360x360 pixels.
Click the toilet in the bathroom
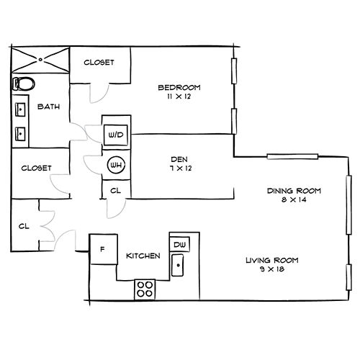click(23, 84)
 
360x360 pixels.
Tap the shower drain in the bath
click(40, 59)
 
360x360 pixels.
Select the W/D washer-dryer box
click(116, 135)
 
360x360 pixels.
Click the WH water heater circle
click(116, 165)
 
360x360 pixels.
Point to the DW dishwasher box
click(180, 244)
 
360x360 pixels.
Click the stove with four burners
click(145, 289)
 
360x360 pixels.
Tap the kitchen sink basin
click(178, 265)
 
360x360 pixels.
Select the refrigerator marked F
click(104, 249)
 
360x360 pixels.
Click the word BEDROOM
click(179, 87)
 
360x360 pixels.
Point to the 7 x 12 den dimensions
click(181, 168)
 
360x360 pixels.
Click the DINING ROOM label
click(294, 191)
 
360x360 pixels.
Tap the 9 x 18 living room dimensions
click(272, 269)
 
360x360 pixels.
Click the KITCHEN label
click(143, 256)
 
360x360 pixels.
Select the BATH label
click(49, 107)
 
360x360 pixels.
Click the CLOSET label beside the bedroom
click(99, 63)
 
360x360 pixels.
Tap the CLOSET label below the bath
click(36, 168)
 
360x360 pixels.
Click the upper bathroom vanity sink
click(20, 109)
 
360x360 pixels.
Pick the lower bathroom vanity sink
click(20, 134)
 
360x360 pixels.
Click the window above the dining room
click(292, 157)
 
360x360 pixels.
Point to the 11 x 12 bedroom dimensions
click(179, 96)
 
